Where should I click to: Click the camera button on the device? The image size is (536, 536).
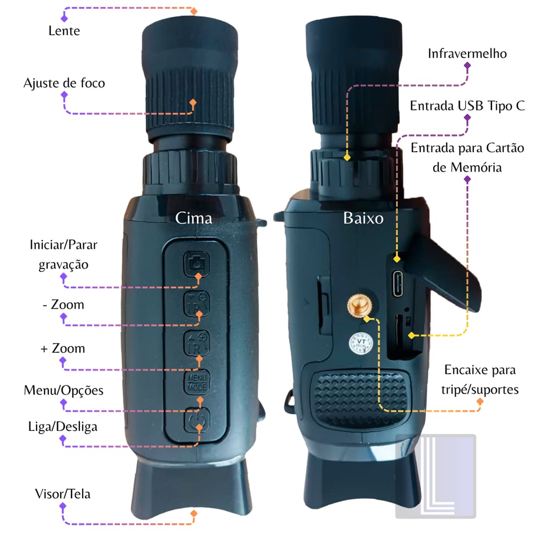point(197,264)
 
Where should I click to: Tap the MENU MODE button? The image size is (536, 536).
point(197,382)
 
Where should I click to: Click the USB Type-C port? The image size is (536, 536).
point(397,284)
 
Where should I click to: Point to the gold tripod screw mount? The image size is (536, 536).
point(360,306)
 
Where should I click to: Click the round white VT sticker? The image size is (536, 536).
point(361,343)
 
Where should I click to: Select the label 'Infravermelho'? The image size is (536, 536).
point(467,54)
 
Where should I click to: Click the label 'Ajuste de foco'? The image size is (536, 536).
point(64,84)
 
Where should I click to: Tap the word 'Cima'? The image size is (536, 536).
point(193,218)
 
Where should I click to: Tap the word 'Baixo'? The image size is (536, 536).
point(363,218)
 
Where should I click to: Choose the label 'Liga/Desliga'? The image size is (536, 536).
point(63,427)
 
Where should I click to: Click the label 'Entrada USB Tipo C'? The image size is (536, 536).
point(467,106)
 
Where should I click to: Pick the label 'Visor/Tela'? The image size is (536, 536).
point(63,494)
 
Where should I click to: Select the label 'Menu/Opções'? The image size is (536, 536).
point(64,390)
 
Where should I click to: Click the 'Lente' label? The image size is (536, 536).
point(64,31)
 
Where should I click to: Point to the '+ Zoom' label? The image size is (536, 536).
point(63,348)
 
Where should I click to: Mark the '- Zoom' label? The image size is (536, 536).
point(64,304)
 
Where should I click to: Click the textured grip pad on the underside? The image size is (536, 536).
point(361,399)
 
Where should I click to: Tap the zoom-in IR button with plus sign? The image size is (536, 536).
point(197,343)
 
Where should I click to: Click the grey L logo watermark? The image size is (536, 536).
point(436,476)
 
